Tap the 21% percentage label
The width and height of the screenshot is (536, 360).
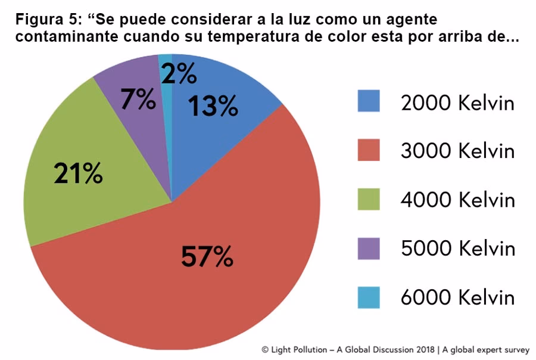(x=78, y=173)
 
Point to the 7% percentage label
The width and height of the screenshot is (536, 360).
(x=138, y=100)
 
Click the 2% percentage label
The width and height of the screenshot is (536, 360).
(x=179, y=75)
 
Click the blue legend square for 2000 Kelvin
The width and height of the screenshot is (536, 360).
(x=368, y=101)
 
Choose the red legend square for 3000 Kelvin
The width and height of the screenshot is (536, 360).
(x=368, y=150)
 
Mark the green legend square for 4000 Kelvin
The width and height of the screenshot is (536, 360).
(x=368, y=199)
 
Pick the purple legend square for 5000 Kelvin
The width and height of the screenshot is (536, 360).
(x=368, y=248)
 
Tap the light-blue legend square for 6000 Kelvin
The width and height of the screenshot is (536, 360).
(x=368, y=297)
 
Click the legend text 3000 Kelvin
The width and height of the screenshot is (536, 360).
(x=457, y=151)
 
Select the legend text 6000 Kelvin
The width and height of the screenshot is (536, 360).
(x=457, y=297)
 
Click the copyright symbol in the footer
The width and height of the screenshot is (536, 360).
(x=265, y=350)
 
